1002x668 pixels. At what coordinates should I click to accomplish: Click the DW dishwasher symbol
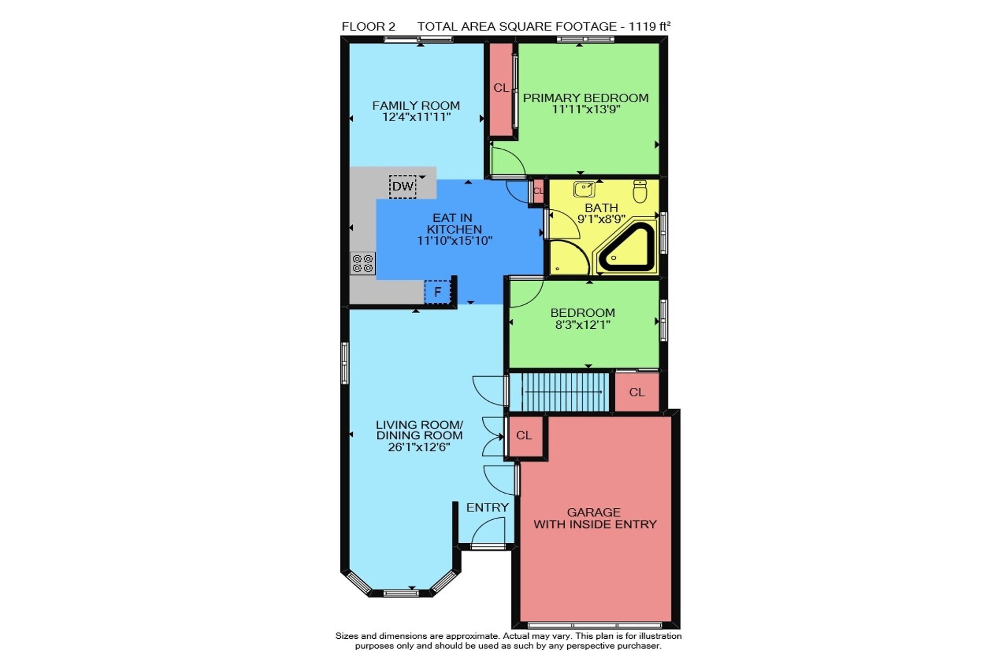(403, 186)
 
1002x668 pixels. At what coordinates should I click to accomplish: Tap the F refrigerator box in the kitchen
(437, 292)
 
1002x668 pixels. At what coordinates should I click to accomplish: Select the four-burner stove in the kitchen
(363, 263)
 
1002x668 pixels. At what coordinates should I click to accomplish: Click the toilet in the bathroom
(640, 192)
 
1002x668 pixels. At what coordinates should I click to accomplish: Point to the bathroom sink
(584, 189)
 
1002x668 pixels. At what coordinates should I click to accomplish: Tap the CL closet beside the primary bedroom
(501, 88)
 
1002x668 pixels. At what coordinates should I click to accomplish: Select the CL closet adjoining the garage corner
(524, 435)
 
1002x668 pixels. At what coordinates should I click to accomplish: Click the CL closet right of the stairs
(637, 392)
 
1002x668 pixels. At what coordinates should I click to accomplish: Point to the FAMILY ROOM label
(416, 105)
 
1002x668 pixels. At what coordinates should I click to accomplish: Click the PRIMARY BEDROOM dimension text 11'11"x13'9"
(586, 109)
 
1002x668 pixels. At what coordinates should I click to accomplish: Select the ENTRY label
(487, 507)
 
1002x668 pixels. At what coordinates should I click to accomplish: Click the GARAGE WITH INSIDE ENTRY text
(595, 518)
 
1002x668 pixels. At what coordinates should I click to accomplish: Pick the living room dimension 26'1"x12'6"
(419, 447)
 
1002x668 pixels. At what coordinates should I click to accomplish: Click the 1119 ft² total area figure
(650, 26)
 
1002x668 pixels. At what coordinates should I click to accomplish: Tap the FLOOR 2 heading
(368, 26)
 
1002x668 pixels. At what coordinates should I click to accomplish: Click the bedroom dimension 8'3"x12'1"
(583, 325)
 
